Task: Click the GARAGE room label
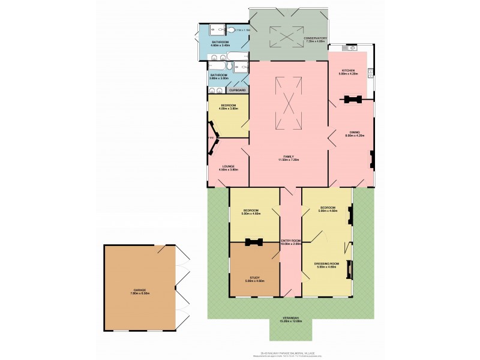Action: click(139, 290)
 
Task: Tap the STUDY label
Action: click(255, 278)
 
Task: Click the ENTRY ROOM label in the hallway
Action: click(291, 241)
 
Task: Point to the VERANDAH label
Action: click(290, 319)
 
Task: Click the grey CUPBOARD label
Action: click(238, 90)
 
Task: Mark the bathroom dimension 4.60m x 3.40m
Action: click(220, 46)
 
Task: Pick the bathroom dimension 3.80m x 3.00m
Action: click(218, 79)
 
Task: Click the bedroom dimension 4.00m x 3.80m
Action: click(229, 109)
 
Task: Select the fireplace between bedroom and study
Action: click(254, 242)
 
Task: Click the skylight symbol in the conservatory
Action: click(289, 36)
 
